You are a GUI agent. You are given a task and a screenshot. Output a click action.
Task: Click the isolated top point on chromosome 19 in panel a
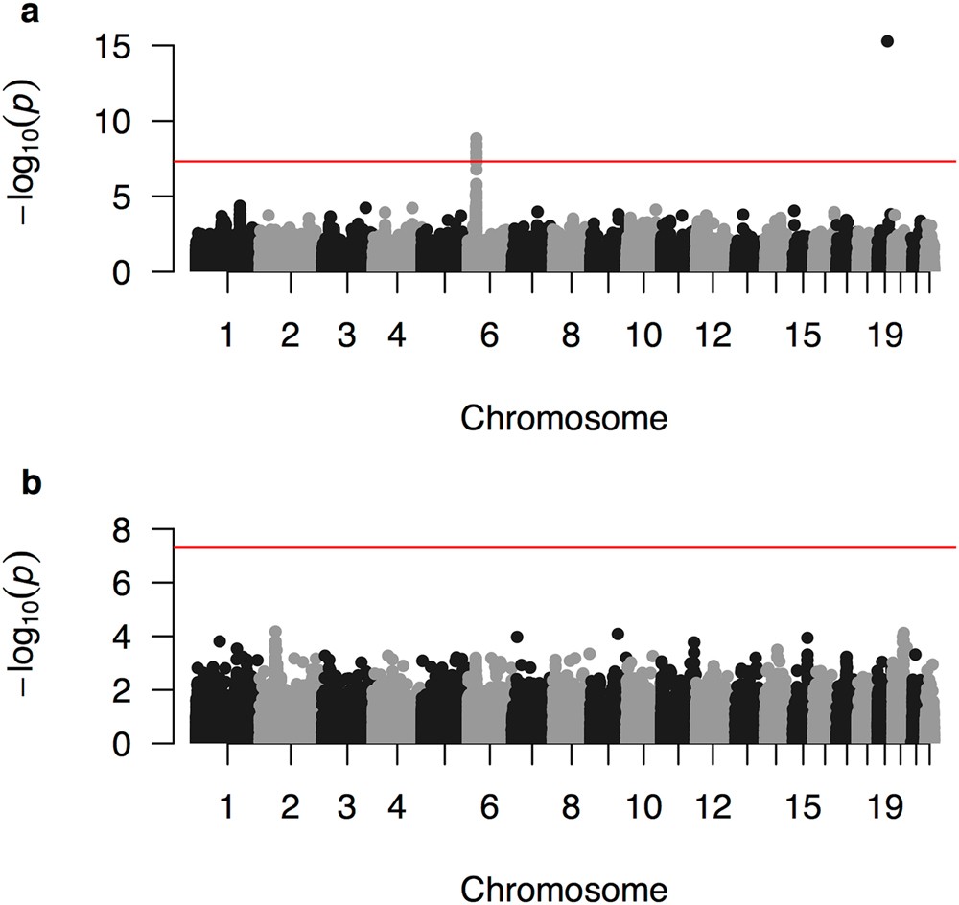pos(887,41)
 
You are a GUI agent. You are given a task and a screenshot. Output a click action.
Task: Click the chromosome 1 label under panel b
pos(227,807)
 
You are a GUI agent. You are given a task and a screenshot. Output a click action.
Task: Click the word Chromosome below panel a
pos(565,418)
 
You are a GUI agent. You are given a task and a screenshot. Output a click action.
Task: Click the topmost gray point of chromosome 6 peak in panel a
pos(476,139)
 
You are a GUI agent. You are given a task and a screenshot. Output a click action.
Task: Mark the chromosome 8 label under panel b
pos(572,807)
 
